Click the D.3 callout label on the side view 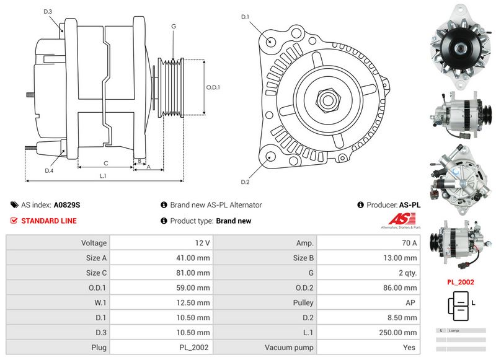pos(48,12)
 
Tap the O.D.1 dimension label pos(213,87)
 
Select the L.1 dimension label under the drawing pos(104,176)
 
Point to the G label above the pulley pos(174,26)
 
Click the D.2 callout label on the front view pos(245,182)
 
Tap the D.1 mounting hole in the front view pos(271,41)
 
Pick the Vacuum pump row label pos(289,348)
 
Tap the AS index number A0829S pos(67,204)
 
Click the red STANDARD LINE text pos(50,221)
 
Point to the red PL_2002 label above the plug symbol pos(461,282)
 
